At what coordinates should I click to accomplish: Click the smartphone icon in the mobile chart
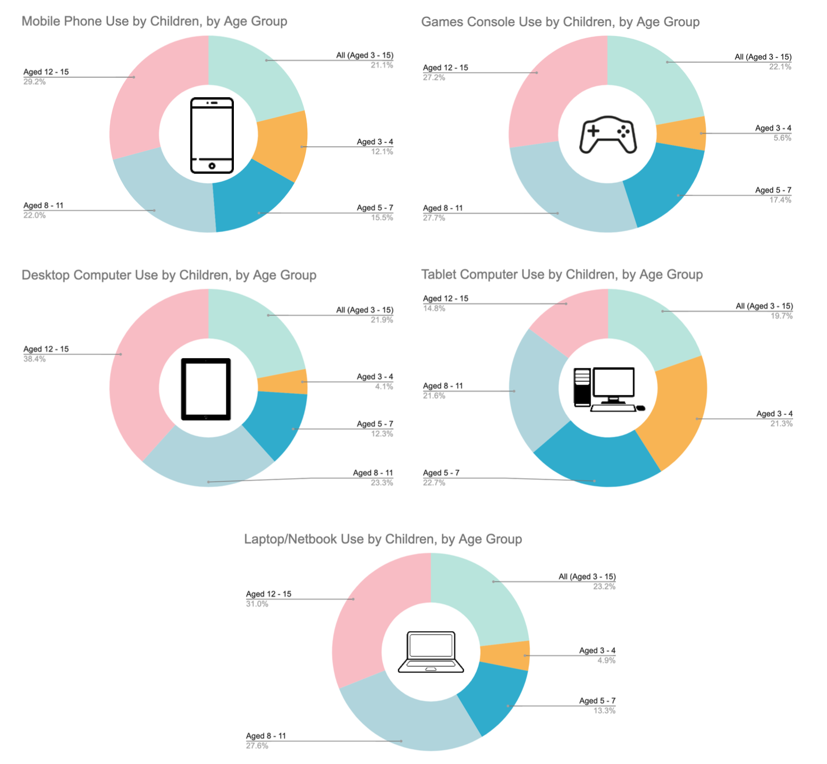tap(212, 135)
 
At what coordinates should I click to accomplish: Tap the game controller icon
tap(607, 135)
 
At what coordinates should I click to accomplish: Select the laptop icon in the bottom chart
tap(431, 652)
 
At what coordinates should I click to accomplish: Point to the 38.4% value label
tap(35, 359)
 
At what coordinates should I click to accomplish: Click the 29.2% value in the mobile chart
tap(35, 82)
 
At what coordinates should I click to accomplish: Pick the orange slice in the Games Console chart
tap(682, 133)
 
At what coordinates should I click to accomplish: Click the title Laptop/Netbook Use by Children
tap(383, 539)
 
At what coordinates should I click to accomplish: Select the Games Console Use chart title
tap(560, 22)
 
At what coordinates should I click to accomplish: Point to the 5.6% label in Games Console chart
tap(782, 138)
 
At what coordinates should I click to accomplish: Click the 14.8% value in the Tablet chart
tap(434, 309)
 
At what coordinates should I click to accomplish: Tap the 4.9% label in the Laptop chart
tap(606, 660)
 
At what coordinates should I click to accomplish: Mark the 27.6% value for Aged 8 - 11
tap(257, 746)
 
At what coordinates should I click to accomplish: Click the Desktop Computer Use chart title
tap(169, 275)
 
